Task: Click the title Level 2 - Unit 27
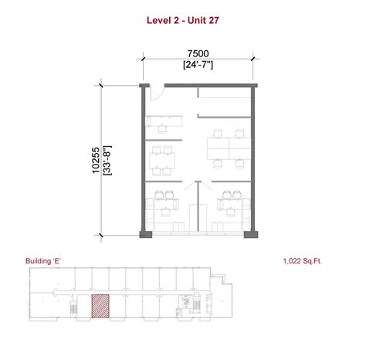coord(183,20)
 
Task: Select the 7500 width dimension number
coord(198,54)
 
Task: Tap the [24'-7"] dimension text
coord(198,65)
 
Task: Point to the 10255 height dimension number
coord(96,160)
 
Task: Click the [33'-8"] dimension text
coord(107,160)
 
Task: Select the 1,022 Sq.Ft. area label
coord(303,261)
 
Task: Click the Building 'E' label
coord(43,261)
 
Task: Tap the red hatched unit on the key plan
coord(100,306)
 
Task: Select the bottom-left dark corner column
coord(146,234)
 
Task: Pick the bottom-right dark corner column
coord(251,234)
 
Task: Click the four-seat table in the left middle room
coord(162,161)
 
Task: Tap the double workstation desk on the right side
coord(229,148)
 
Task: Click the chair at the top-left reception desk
coord(162,128)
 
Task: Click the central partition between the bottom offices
coord(198,206)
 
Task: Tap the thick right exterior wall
coord(253,158)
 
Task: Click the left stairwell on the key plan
coord(73,306)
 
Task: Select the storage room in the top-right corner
coord(225,103)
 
